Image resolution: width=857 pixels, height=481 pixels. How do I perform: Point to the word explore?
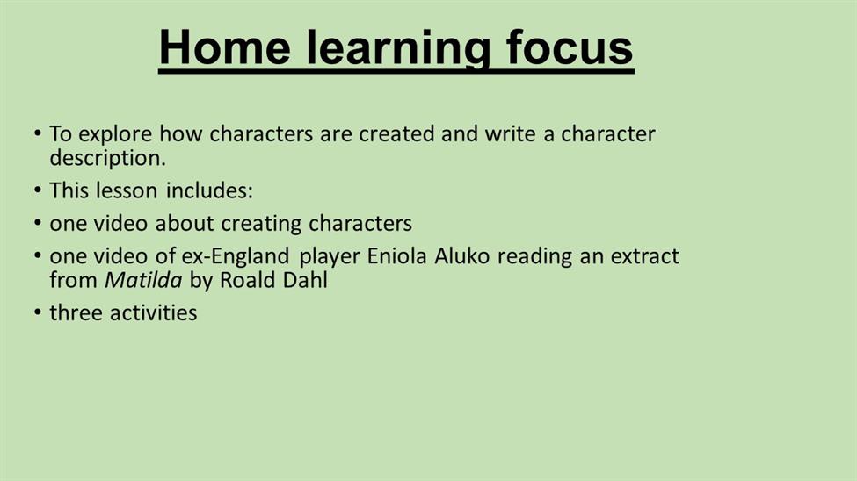coord(115,134)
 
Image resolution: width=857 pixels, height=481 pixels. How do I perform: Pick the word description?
coord(107,158)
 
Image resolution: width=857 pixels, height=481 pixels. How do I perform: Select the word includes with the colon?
coord(209,190)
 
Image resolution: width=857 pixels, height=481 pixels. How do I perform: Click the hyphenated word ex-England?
coord(236,257)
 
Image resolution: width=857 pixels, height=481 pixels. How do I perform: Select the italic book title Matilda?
coord(143,280)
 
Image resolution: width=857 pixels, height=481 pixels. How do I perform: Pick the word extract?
coord(645,256)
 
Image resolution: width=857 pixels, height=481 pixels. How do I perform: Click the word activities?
coord(154,312)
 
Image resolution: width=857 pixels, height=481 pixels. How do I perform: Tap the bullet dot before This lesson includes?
coord(37,190)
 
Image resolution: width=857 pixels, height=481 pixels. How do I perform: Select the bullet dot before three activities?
coord(37,312)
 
